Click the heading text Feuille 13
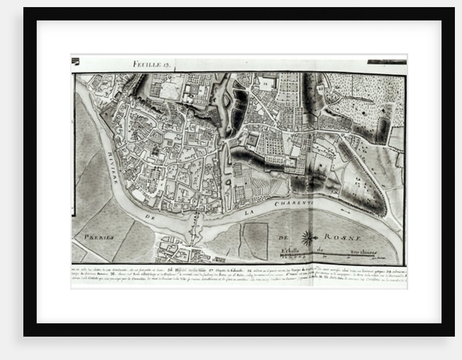point(152,64)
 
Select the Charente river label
point(294,204)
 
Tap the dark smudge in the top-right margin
point(386,62)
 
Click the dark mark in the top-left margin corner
point(75,61)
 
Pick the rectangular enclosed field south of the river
point(255,240)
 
